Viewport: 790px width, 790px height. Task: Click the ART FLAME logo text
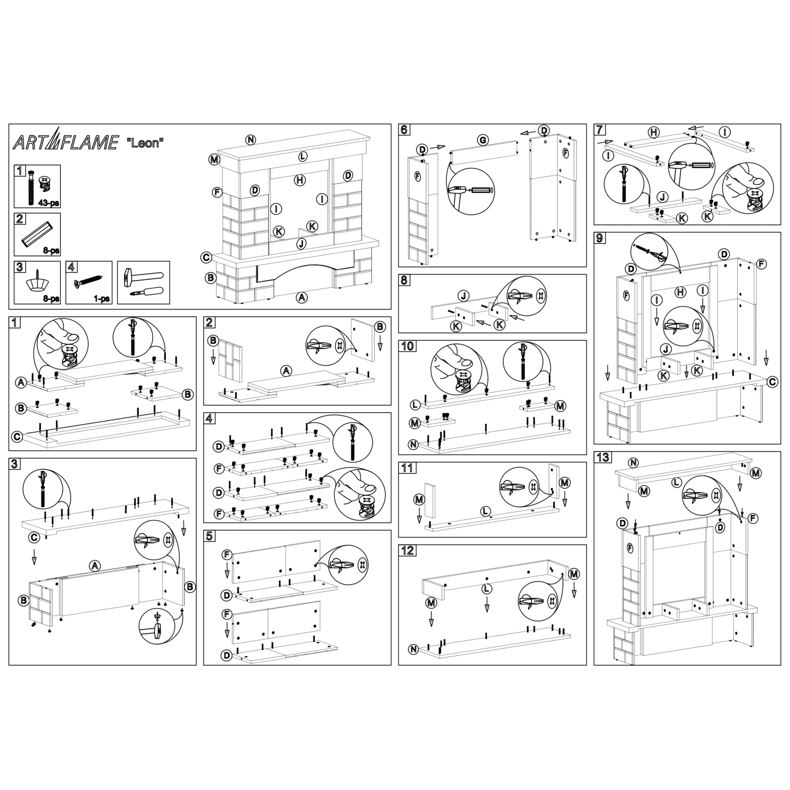65,142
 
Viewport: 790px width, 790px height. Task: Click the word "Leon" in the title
145,143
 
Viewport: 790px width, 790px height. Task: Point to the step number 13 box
602,457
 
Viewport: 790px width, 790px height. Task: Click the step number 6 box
404,130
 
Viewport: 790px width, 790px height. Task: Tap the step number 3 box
15,464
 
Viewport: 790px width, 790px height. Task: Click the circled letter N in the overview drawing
251,139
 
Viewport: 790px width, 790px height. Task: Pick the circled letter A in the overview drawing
301,297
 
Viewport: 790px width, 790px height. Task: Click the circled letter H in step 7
653,132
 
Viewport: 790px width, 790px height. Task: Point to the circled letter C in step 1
17,436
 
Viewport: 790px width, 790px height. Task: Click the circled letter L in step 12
487,589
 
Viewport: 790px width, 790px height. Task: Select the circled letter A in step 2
286,371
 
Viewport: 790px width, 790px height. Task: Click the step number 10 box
407,346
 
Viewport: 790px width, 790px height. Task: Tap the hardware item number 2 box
19,219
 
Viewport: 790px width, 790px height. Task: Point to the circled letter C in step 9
773,382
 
